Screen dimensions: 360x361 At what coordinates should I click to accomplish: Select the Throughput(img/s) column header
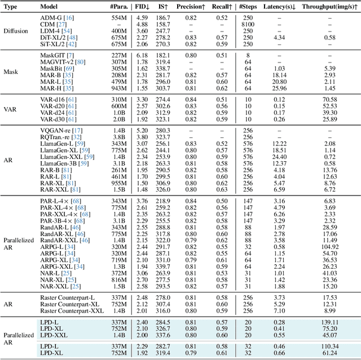328,6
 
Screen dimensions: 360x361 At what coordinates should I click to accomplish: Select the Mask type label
11,72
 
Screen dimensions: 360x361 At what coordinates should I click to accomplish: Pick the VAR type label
10,109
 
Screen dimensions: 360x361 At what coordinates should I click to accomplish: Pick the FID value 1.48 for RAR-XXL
142,190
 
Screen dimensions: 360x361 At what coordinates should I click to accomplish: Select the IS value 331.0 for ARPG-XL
162,260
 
